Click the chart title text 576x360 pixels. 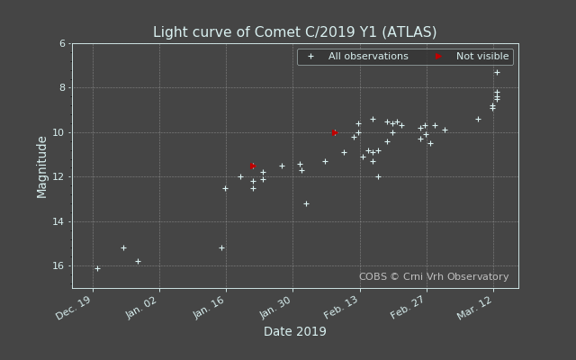click(x=294, y=32)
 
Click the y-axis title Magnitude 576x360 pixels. click(x=42, y=166)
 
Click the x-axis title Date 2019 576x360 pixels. click(x=294, y=331)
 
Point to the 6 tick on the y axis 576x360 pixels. click(x=62, y=43)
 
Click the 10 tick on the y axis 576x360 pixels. click(x=59, y=132)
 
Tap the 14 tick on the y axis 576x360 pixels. click(x=59, y=221)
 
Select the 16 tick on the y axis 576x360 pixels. click(x=59, y=265)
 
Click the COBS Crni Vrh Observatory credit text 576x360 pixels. click(x=434, y=277)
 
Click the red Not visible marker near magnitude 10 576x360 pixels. click(x=335, y=132)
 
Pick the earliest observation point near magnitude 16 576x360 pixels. click(x=97, y=268)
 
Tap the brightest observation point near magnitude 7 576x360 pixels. click(x=497, y=72)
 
